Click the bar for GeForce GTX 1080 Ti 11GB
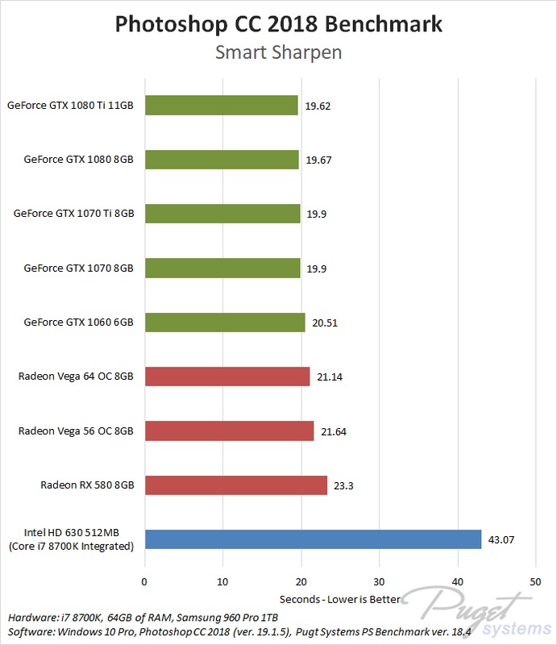221,105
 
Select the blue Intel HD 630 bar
313,539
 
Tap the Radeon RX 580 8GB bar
235,485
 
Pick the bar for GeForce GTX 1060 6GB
224,322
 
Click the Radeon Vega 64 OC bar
227,377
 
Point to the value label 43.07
501,539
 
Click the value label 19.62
318,105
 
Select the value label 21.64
334,431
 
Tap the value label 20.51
325,322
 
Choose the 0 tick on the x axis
144,581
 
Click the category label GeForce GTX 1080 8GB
79,159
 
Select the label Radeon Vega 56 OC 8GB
76,431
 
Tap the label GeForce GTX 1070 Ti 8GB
73,214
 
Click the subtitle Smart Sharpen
278,53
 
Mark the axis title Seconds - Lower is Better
339,600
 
